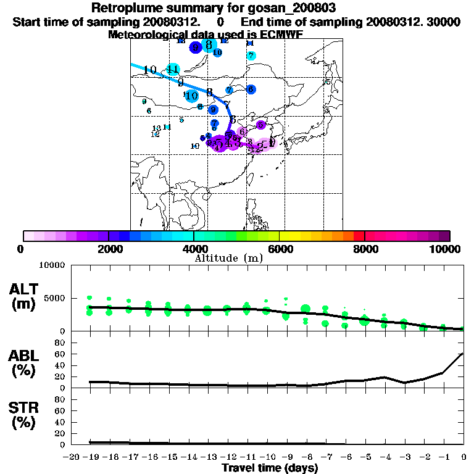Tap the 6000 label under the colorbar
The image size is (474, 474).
point(279,249)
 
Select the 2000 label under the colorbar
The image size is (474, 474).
point(109,249)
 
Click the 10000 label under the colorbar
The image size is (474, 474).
point(445,249)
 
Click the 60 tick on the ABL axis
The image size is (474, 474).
point(60,354)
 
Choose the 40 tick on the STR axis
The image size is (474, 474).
point(60,422)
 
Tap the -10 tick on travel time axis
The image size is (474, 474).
point(268,457)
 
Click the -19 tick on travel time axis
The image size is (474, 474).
point(91,457)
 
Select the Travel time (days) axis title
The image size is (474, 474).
point(269,468)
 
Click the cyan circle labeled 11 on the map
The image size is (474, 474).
point(173,69)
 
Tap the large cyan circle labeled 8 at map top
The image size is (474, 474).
point(209,44)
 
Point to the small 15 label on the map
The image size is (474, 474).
point(328,81)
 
